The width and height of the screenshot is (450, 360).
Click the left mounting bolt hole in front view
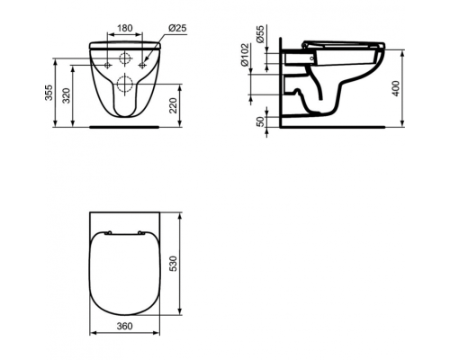point(108,65)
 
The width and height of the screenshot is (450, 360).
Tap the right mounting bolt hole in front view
point(143,65)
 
